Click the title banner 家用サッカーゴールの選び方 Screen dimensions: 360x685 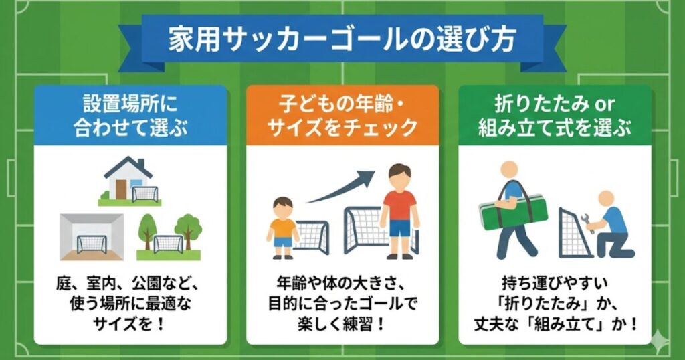(342, 39)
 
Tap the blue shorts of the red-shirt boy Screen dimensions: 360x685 (399, 228)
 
